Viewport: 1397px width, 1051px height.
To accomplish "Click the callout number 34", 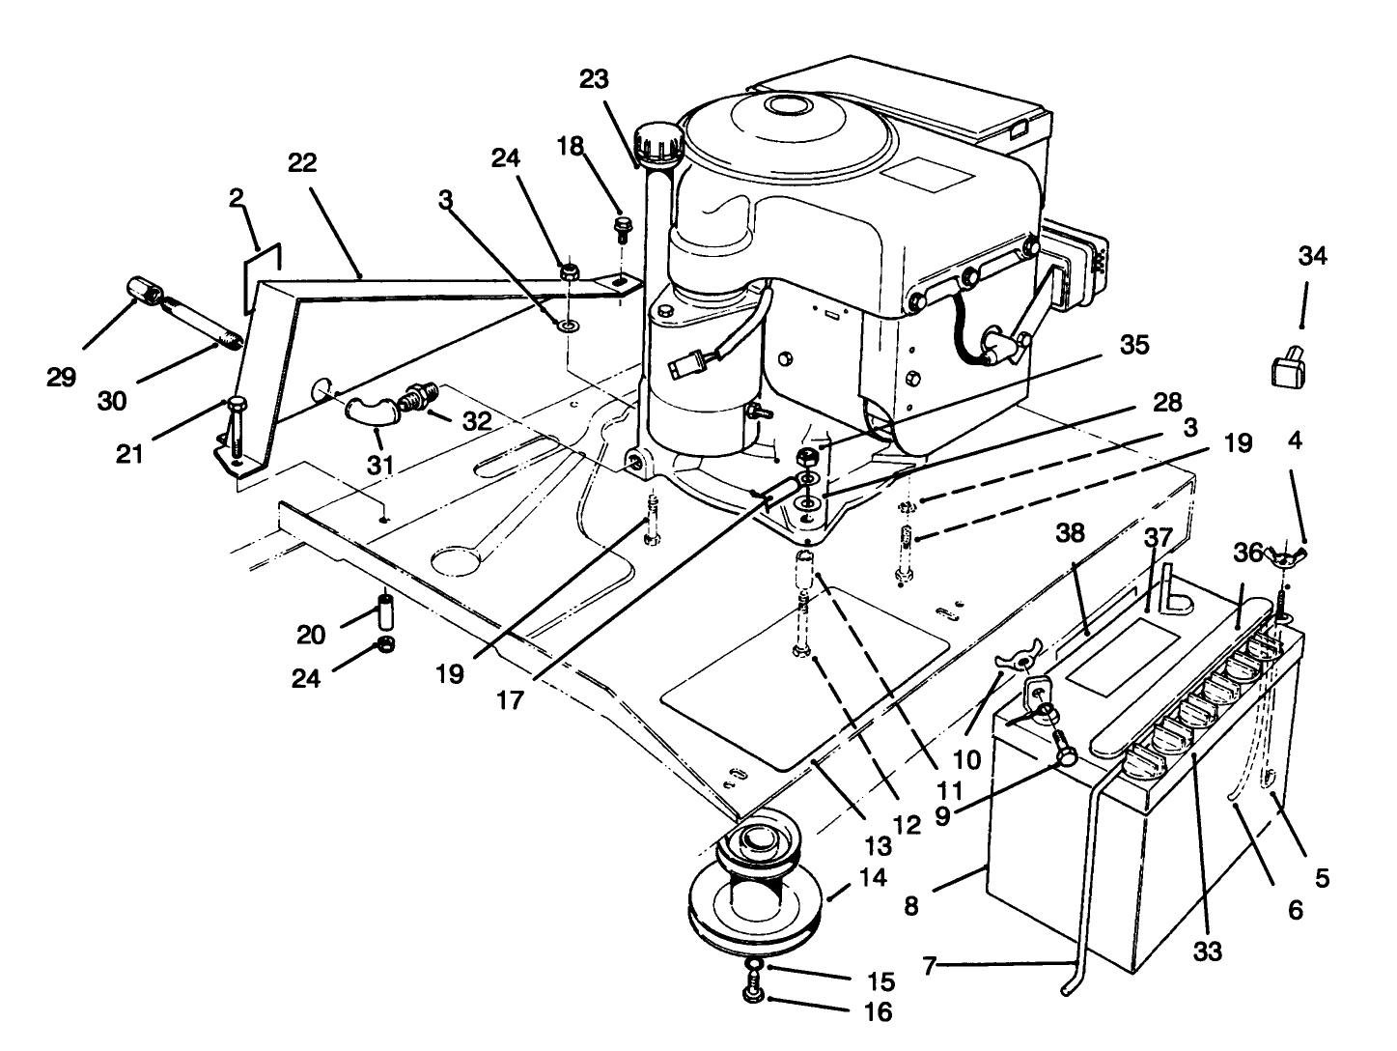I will point(1312,257).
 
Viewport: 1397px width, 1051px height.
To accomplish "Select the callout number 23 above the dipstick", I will point(595,80).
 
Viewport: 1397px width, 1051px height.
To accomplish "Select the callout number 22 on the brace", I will point(303,163).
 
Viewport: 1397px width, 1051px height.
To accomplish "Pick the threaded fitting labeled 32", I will point(418,397).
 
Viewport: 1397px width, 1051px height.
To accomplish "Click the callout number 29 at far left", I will point(61,377).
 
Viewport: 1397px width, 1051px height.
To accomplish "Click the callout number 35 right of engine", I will point(1134,345).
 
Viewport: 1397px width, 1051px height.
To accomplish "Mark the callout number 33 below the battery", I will point(1207,952).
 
